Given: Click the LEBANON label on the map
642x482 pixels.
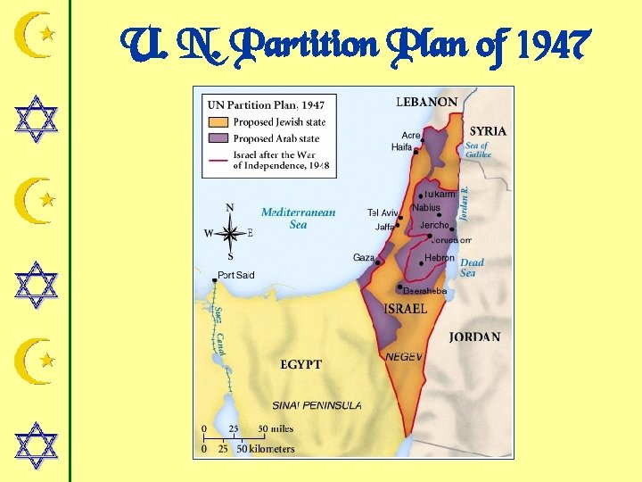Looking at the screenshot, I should [427, 103].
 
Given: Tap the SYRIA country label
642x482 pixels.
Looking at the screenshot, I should [488, 131].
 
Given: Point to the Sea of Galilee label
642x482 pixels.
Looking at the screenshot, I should [478, 150].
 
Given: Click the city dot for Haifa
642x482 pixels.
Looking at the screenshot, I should [416, 151].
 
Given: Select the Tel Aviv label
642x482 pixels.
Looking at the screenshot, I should [383, 212].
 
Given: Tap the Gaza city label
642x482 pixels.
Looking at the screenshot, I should [364, 258].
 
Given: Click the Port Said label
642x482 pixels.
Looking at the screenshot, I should [236, 275].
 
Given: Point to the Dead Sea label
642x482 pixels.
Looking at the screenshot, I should [472, 268].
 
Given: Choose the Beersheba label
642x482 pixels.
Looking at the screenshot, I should [424, 291].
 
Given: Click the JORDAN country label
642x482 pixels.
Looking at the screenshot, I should [474, 337].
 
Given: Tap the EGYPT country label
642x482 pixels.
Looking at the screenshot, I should [300, 364].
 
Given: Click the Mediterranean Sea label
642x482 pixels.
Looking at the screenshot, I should [298, 219].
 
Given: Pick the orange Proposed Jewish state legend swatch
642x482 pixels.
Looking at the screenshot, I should [218, 121].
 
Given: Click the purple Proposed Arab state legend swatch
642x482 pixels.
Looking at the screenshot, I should [218, 138].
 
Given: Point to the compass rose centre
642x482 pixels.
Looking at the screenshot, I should [230, 233].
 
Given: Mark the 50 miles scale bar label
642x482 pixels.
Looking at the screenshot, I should [275, 428].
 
